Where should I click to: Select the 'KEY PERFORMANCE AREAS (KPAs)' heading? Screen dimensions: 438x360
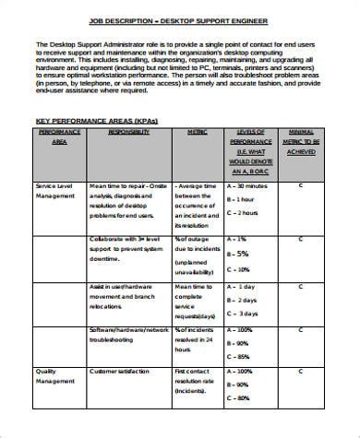coord(90,121)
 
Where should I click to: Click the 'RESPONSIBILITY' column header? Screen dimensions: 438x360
coord(128,132)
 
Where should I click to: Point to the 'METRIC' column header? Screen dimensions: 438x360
coord(197,132)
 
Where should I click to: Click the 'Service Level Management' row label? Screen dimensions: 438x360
coord(55,191)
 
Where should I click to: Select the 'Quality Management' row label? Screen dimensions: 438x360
coord(54,377)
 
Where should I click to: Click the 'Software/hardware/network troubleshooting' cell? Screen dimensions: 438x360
coord(129,334)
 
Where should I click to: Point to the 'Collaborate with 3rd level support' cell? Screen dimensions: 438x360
coord(128,249)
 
